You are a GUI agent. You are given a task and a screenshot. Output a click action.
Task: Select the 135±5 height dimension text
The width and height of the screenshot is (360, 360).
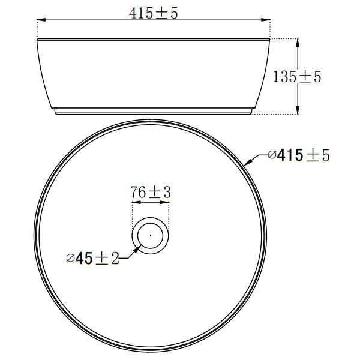(298, 77)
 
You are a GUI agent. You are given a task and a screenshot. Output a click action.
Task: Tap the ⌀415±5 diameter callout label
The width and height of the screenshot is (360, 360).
(299, 155)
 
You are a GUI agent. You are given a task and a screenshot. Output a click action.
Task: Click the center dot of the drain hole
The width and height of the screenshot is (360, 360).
(150, 234)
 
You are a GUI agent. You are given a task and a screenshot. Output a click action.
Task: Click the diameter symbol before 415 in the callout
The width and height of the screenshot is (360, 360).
(272, 155)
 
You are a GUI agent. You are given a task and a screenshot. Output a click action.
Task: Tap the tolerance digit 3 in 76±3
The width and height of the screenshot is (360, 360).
(167, 193)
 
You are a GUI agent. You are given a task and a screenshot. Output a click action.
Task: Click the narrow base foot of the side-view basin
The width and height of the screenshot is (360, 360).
(154, 113)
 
